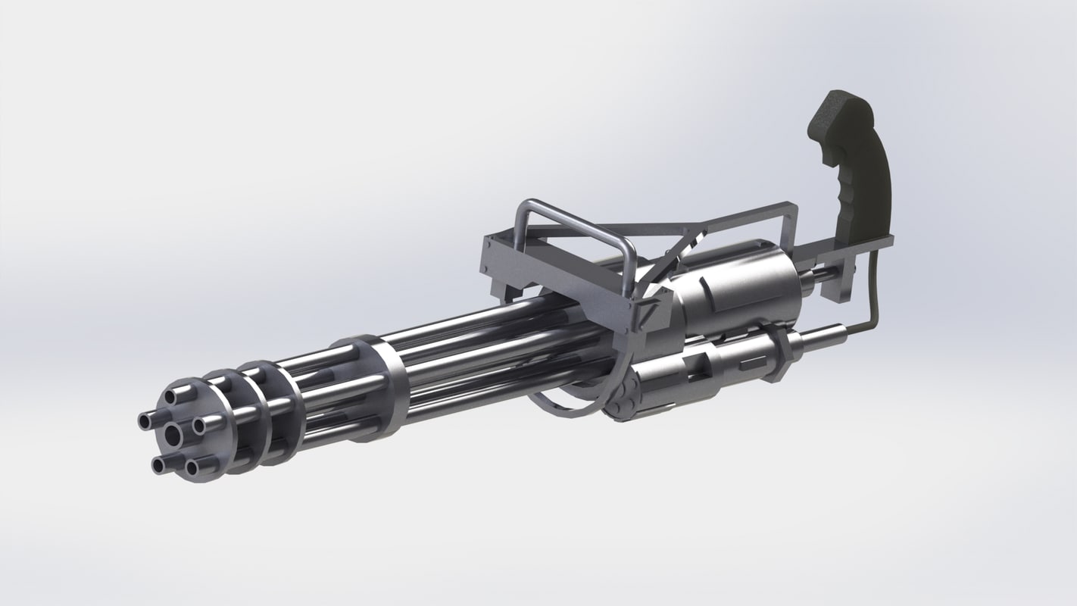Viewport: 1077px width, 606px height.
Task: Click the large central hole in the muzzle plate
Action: (173, 433)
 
